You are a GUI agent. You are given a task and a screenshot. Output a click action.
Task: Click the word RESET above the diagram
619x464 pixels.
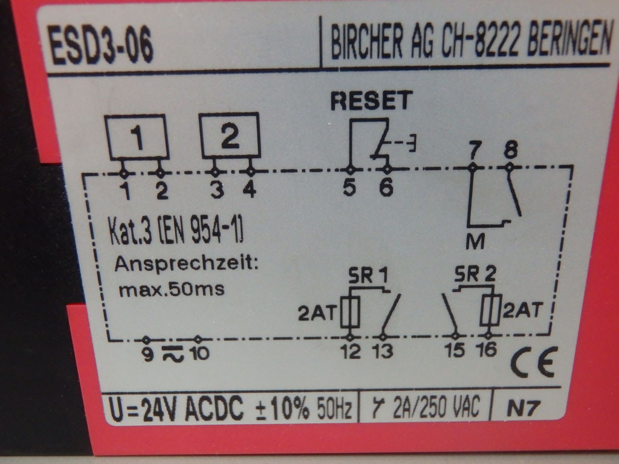coord(371,100)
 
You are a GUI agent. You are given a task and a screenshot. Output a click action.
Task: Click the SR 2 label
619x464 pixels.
coord(475,275)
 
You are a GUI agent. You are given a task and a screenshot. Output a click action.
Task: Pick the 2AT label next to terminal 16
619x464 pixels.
coord(521,311)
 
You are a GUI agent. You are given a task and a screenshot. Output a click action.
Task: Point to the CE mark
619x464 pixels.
coord(533,362)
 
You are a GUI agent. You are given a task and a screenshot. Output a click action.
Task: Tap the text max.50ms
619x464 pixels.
coord(172,289)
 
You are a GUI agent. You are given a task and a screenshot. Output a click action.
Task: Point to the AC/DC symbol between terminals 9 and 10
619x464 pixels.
coord(172,352)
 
